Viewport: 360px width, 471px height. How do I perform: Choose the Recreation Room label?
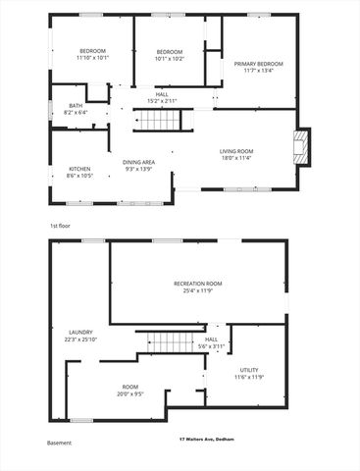tap(198, 284)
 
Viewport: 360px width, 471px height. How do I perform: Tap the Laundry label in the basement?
tap(80, 333)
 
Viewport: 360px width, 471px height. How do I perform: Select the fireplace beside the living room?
tap(302, 146)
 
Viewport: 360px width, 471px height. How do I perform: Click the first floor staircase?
tap(158, 121)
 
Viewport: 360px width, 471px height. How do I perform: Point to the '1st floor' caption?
tap(60, 226)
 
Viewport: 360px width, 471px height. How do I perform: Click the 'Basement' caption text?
tap(60, 444)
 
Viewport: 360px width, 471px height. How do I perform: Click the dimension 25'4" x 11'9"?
tap(198, 290)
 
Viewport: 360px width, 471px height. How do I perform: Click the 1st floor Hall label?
tap(162, 94)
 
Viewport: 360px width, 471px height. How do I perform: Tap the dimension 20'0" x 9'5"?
tap(130, 394)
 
